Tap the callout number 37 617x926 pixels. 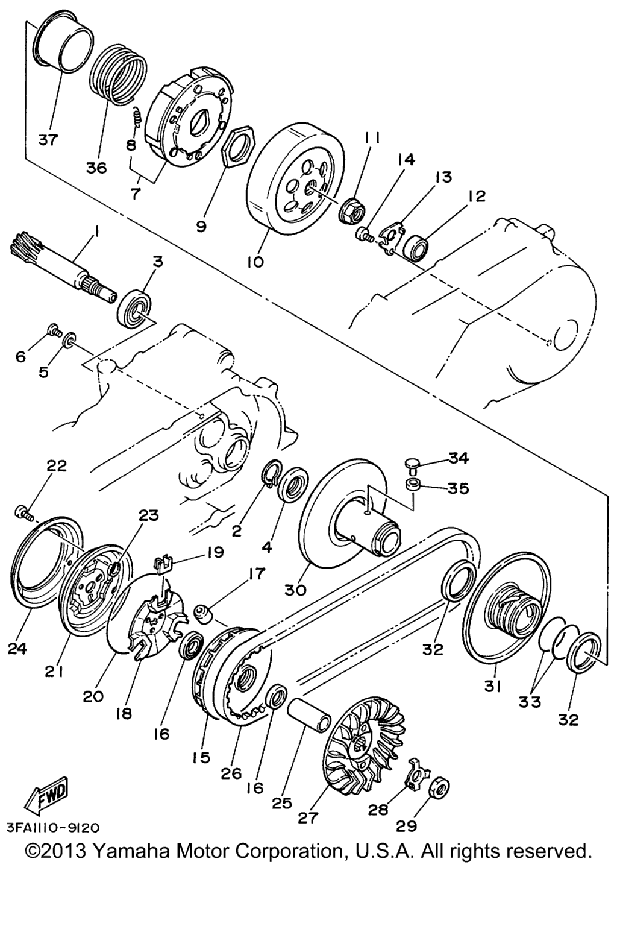[x=49, y=140]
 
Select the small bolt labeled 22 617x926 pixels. [x=25, y=512]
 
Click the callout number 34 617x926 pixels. [x=459, y=458]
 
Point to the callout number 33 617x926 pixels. [x=530, y=701]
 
